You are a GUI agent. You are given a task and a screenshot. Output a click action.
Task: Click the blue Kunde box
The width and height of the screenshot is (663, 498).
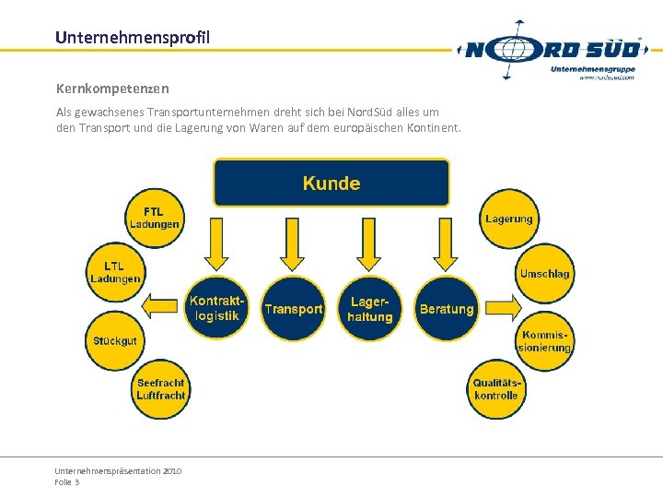click(x=331, y=183)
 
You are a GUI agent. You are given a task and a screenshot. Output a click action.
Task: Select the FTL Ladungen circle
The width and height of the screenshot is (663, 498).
click(x=154, y=219)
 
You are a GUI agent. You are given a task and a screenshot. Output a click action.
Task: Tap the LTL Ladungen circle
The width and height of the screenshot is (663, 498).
click(x=115, y=273)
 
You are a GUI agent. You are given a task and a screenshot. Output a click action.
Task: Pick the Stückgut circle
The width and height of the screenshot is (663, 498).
click(x=115, y=340)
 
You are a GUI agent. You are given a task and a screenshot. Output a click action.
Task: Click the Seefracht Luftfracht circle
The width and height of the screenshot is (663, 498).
click(x=160, y=388)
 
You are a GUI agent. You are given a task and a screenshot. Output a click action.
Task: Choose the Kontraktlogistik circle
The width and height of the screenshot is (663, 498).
click(x=217, y=308)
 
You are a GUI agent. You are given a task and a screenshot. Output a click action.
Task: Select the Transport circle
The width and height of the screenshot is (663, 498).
click(x=294, y=309)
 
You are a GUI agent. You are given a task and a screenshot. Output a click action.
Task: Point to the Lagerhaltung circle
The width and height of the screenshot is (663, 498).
click(x=370, y=309)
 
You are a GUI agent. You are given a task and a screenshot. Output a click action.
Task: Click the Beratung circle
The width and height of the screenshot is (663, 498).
click(x=447, y=309)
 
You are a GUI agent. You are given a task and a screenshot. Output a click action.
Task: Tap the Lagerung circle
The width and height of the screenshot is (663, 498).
click(x=509, y=219)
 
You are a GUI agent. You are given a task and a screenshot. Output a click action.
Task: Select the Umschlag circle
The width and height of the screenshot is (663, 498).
click(x=544, y=273)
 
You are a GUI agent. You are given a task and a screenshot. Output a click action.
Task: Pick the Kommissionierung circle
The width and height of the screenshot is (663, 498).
click(x=544, y=341)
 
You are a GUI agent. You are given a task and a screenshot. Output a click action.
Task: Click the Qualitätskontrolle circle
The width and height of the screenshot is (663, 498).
click(x=497, y=388)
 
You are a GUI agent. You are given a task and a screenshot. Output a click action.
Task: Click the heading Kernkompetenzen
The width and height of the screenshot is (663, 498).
click(x=112, y=89)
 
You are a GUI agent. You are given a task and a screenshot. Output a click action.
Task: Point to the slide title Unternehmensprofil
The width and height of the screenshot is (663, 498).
click(x=133, y=38)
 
